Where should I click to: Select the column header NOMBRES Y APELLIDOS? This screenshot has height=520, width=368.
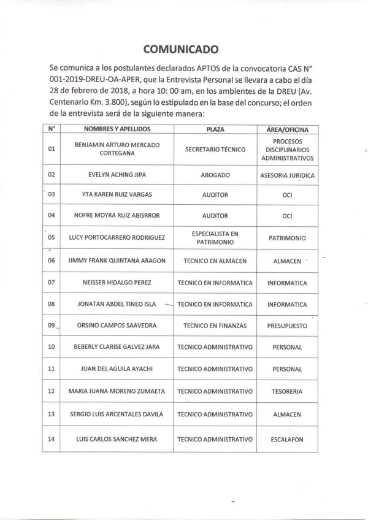(x=117, y=130)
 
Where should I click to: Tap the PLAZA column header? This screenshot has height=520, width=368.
(x=215, y=130)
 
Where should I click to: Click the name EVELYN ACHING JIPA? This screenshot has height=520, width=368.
(x=117, y=175)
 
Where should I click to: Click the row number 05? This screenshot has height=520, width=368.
(x=52, y=237)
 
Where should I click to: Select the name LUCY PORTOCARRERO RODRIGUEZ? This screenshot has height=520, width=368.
(x=117, y=237)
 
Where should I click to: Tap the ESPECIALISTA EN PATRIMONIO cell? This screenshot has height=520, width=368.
(x=215, y=237)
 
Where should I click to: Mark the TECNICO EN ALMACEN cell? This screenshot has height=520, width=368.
(x=215, y=261)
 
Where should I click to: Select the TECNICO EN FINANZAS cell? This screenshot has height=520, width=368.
(x=215, y=326)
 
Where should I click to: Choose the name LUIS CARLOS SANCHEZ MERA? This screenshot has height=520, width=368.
(x=117, y=439)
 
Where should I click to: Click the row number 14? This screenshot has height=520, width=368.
(x=52, y=439)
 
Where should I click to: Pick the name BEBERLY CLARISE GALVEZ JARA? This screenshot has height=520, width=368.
(x=117, y=347)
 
